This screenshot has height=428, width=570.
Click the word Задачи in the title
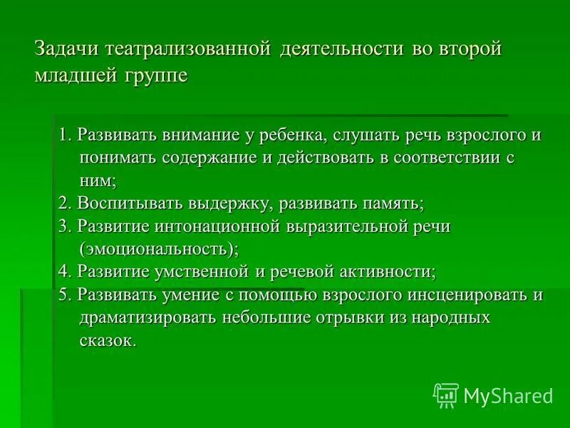(68, 51)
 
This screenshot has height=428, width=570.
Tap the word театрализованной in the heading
(189, 51)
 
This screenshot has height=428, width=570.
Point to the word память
(390, 204)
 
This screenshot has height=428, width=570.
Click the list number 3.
(63, 226)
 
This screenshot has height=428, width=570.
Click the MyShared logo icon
(445, 394)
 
